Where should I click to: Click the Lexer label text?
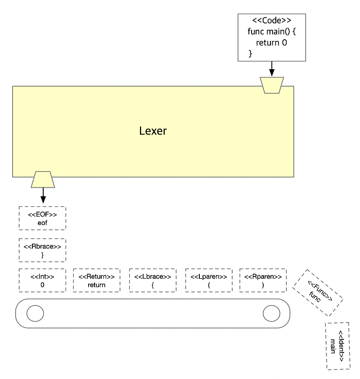click(x=153, y=131)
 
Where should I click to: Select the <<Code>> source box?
click(x=271, y=37)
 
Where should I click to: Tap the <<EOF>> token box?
click(x=42, y=218)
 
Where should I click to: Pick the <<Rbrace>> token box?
click(x=42, y=250)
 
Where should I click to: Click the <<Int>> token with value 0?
click(x=42, y=280)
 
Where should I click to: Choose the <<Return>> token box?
click(x=96, y=280)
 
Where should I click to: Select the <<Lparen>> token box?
click(x=209, y=280)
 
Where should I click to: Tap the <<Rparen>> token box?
click(x=262, y=280)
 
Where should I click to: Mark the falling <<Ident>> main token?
click(x=338, y=346)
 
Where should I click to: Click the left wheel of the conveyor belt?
click(x=35, y=313)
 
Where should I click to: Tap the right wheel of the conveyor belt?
click(x=271, y=313)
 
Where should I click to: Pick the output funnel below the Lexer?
click(x=43, y=179)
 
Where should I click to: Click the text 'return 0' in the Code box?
click(x=271, y=43)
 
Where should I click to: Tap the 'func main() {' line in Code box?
click(x=271, y=32)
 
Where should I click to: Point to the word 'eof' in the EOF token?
click(x=42, y=223)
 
